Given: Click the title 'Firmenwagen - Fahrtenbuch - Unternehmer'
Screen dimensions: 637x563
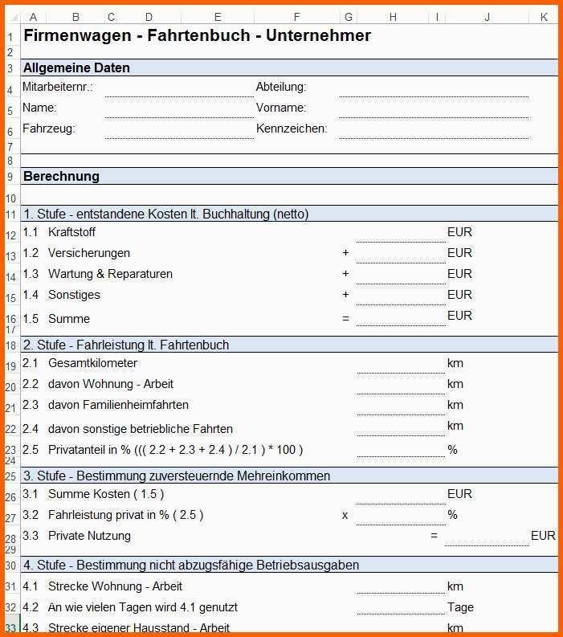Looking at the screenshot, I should click(197, 35).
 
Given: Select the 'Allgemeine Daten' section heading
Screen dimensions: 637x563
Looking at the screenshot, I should click(76, 67).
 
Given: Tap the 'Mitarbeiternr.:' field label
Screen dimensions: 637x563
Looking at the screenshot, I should click(58, 87).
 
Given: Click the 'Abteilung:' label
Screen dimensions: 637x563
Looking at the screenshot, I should click(281, 87).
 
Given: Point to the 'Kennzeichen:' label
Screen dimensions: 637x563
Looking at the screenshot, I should click(292, 129).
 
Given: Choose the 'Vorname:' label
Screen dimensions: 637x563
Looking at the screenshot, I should click(281, 108).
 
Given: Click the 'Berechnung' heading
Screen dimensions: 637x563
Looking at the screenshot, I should click(61, 176).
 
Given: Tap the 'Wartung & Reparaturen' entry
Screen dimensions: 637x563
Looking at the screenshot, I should click(110, 274).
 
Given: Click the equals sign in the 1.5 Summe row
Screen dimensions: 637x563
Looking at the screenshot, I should click(345, 319).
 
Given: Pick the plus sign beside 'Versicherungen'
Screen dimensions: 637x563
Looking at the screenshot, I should click(345, 253).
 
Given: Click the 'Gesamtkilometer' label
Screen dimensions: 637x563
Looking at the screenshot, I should click(92, 363).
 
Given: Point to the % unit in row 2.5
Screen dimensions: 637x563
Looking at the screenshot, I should click(453, 450).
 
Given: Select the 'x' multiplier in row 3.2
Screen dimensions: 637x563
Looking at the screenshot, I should click(345, 515).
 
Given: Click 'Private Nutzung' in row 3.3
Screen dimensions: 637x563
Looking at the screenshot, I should click(89, 536).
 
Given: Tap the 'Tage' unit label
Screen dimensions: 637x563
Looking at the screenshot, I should click(460, 607).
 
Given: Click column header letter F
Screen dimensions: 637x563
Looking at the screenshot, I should click(296, 17).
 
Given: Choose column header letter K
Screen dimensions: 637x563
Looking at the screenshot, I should click(544, 17).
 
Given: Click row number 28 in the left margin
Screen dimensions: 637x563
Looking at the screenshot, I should click(10, 540).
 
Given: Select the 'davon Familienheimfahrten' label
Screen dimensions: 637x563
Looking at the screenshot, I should click(118, 405).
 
